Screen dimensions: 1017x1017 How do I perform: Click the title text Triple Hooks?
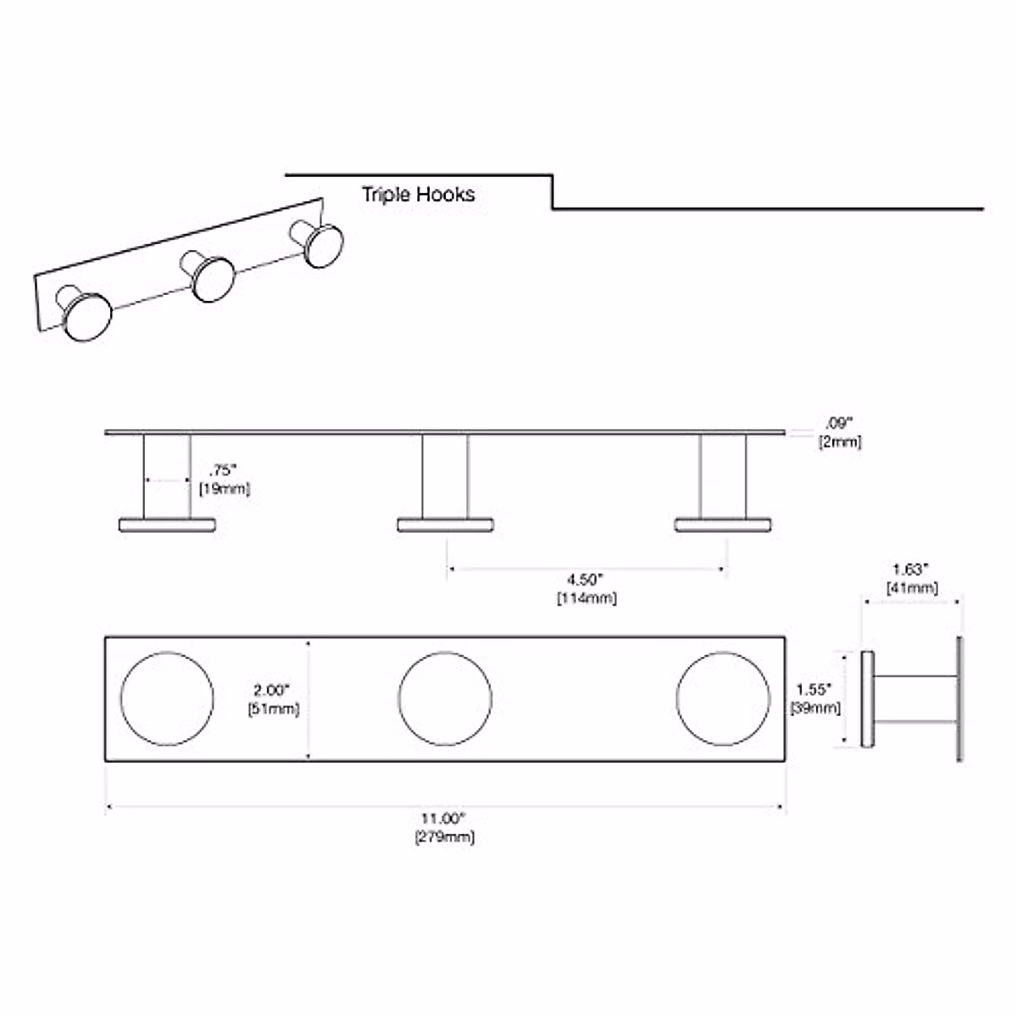coord(418,194)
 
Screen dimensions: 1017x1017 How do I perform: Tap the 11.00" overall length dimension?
coord(444,819)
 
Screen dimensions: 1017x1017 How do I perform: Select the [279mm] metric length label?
coord(444,837)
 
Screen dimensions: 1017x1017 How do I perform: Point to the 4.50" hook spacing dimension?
coord(585,580)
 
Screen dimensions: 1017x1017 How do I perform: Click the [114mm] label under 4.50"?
coord(586,598)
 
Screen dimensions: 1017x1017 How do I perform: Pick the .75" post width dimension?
coord(223,470)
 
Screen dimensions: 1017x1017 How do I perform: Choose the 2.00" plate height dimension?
coord(274,690)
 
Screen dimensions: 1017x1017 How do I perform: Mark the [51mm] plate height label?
coord(274,709)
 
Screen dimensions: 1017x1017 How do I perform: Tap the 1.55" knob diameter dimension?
coord(814,690)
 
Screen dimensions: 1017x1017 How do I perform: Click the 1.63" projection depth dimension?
coord(911,569)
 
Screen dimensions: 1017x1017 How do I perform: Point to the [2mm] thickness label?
coord(839,442)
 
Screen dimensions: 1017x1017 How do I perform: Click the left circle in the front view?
coord(167,699)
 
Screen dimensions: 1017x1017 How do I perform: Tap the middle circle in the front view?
coord(445,699)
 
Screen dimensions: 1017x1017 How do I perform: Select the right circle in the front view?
coord(723,699)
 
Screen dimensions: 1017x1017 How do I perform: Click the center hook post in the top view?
coord(445,476)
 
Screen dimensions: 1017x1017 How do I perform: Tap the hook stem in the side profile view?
coord(915,699)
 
